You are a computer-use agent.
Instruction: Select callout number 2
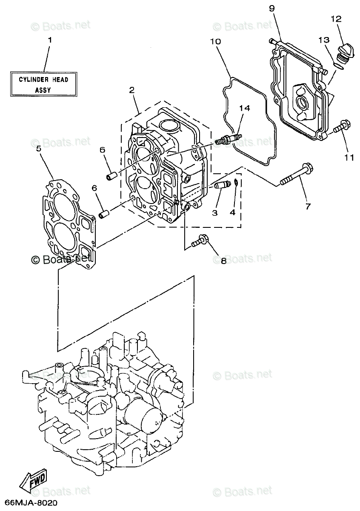[x=132, y=90]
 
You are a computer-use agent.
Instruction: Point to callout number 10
[x=215, y=41]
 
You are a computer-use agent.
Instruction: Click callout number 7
[x=308, y=207]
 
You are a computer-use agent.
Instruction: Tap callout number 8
[x=223, y=261]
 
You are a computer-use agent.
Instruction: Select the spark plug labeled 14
[x=229, y=139]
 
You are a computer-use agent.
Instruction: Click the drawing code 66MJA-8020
[x=29, y=503]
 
